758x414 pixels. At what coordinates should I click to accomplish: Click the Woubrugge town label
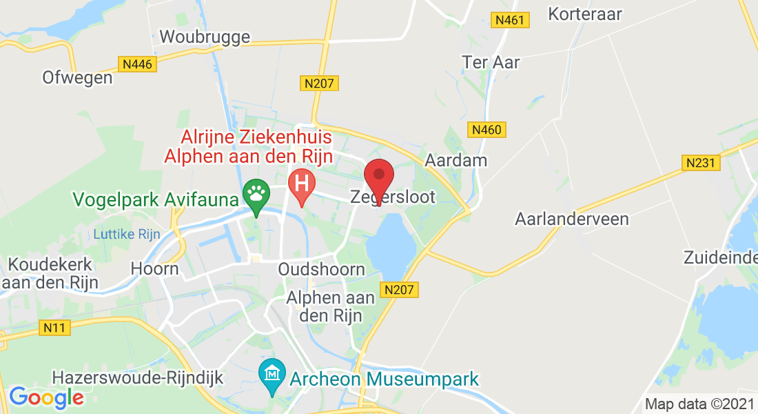tap(205, 36)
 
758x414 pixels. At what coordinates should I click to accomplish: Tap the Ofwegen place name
tap(77, 77)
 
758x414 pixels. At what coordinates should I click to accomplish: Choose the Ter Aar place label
tap(491, 62)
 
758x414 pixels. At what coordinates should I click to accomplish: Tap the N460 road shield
tap(489, 129)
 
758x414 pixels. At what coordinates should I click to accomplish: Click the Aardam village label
tap(456, 161)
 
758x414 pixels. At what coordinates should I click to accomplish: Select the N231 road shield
tap(702, 163)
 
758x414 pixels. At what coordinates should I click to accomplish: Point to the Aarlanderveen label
tap(572, 219)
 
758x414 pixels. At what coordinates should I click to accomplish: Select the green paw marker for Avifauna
tap(256, 194)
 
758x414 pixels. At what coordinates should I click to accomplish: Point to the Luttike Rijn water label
tap(127, 234)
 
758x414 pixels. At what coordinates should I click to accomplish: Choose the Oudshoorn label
tap(322, 269)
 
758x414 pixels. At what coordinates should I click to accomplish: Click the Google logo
tap(46, 397)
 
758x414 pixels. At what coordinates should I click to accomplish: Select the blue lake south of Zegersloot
tap(389, 245)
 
